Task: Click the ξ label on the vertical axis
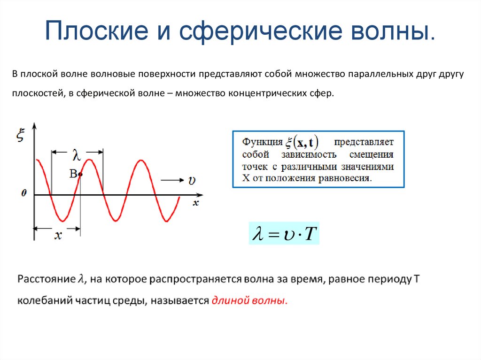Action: coord(20,136)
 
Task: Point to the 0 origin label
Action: coord(23,193)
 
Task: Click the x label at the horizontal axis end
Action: coord(195,203)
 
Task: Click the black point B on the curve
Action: coord(80,175)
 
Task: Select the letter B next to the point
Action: coord(73,174)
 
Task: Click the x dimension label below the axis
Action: coord(57,236)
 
